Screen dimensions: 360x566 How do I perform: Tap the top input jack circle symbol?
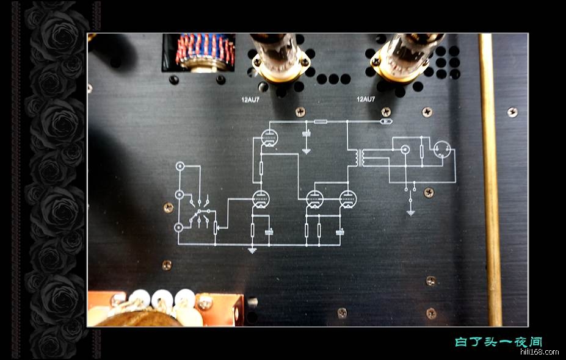[x=180, y=166]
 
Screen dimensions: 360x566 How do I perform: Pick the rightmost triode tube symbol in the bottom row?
[x=347, y=199]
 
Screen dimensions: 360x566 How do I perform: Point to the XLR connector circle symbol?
[x=441, y=150]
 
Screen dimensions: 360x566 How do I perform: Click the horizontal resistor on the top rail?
[x=319, y=122]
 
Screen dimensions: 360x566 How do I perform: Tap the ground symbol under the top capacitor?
[x=307, y=150]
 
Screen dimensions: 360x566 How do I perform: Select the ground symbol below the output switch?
[x=411, y=212]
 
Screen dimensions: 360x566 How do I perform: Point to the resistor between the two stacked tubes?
[x=261, y=167]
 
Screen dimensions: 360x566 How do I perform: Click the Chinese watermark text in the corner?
[x=499, y=342]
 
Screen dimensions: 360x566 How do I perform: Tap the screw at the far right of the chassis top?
[x=512, y=112]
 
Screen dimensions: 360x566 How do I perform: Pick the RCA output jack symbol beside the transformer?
[x=404, y=148]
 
